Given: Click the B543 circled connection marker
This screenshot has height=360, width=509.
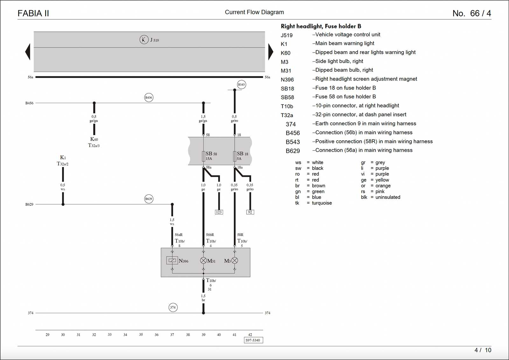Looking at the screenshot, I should tap(241, 84).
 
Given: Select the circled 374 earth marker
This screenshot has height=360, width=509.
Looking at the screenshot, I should tap(173, 307).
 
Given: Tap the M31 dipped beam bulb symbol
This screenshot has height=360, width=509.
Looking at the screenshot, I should tap(203, 260).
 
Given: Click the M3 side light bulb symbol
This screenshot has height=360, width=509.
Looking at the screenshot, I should tap(235, 260).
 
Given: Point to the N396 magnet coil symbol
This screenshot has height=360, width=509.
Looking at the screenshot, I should tap(172, 260).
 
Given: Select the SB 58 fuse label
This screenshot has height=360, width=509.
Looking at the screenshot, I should tap(211, 154).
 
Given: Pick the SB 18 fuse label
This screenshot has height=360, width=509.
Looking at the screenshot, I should tap(242, 154).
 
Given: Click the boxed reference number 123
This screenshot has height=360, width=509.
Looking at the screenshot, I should tap(219, 212).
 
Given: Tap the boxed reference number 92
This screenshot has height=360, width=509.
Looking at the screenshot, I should tap(250, 212).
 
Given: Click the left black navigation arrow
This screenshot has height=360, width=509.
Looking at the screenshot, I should tap(28, 52).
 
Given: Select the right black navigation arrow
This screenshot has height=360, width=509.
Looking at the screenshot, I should tap(270, 52).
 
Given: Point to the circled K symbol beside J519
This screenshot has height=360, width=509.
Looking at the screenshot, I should tap(144, 39).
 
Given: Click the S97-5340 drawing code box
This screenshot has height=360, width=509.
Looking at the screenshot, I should tap(253, 340).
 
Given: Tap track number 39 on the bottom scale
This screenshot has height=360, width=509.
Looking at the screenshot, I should tap(203, 335).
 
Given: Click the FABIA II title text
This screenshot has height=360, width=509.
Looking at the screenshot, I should tap(33, 13).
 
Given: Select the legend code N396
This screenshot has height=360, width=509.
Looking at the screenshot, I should tap(287, 80).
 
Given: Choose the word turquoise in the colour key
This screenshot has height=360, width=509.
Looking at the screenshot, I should tap(322, 203).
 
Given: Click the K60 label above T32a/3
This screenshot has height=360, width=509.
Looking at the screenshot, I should tap(94, 139).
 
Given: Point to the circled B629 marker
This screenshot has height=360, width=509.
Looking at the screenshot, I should tap(149, 199).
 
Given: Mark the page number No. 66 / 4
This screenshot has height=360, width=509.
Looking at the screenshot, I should tap(471, 13).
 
